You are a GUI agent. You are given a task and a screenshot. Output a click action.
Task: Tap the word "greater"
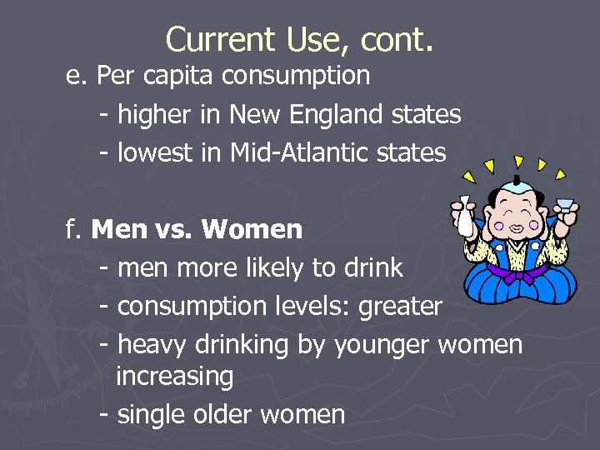400,307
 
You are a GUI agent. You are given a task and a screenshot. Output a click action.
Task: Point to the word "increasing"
175,376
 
